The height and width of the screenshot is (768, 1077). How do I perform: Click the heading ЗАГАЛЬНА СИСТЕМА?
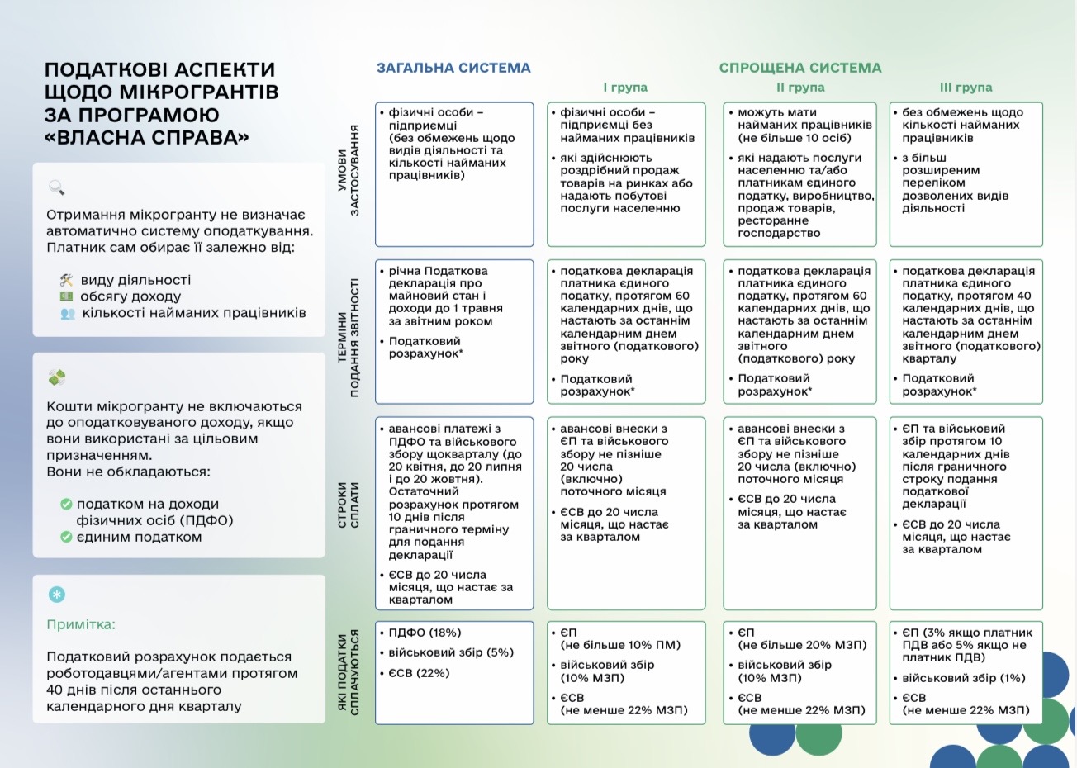453,68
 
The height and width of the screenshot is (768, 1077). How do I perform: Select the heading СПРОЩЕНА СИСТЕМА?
799,68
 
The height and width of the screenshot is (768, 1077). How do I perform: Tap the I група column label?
625,88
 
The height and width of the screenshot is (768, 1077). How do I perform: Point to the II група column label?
799,88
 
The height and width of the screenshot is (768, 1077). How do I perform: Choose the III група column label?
966,88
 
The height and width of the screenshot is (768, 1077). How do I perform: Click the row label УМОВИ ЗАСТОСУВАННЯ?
349,171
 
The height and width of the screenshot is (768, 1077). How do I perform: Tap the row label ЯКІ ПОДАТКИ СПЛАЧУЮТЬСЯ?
349,672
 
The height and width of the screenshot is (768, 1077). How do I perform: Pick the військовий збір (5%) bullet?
451,652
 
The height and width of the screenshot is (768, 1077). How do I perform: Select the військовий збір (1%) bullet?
963,678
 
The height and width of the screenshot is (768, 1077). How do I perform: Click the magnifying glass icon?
56,187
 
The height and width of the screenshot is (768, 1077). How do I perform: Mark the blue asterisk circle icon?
57,595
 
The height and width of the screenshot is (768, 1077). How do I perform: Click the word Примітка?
81,624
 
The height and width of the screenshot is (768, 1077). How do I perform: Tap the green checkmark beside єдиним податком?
66,537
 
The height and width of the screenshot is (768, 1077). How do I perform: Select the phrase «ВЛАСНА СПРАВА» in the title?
146,137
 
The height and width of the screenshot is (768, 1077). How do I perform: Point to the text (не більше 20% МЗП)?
802,645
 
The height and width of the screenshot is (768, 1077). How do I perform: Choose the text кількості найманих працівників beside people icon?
194,313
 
